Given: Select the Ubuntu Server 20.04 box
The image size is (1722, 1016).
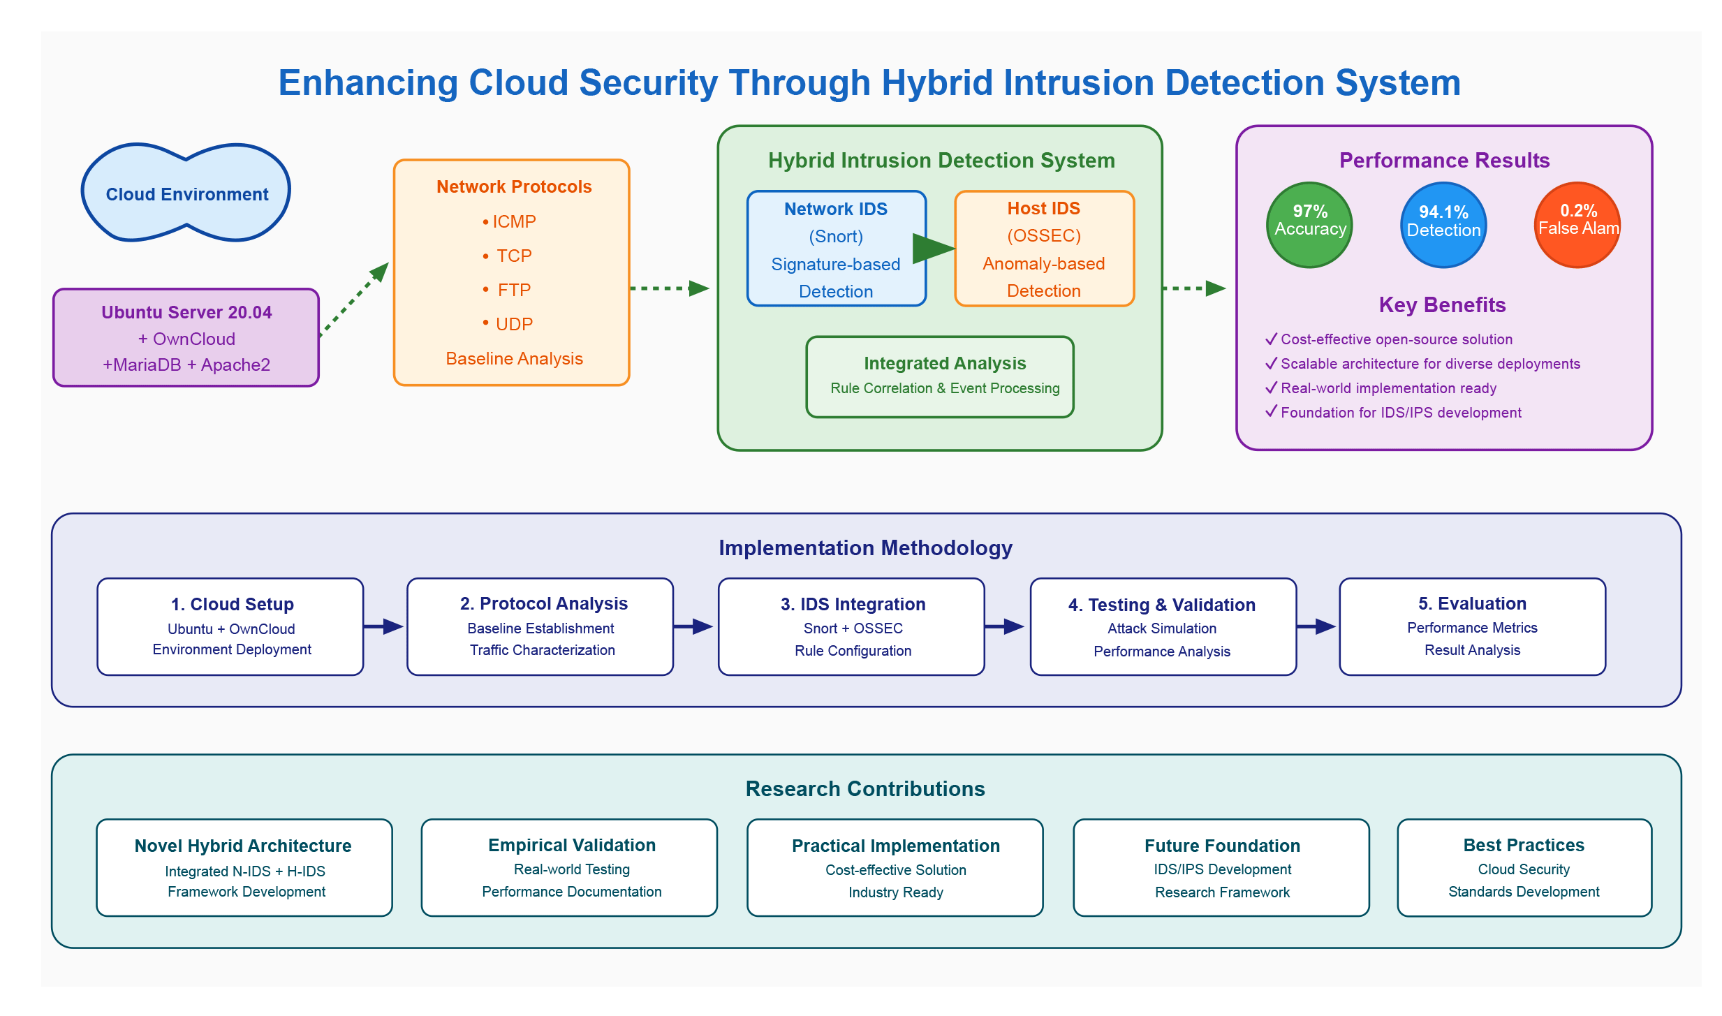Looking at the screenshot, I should (x=186, y=338).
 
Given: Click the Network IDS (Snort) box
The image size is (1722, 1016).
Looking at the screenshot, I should (x=836, y=249).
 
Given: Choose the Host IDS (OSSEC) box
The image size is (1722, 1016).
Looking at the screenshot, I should (x=1044, y=249).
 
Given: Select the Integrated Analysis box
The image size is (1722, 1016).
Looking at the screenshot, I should (x=940, y=376).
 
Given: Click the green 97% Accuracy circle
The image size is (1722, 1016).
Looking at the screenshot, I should (x=1309, y=225).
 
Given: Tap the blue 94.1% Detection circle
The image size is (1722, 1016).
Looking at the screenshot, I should (x=1443, y=225).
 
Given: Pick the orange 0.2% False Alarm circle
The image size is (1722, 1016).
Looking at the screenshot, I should (x=1577, y=225).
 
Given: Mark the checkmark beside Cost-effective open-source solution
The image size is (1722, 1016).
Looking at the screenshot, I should (x=1271, y=339).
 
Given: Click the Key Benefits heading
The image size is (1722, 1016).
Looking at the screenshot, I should (x=1442, y=305).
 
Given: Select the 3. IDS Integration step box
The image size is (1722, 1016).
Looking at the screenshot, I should (x=851, y=626).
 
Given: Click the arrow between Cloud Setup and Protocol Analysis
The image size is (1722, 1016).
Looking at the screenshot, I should (x=384, y=626).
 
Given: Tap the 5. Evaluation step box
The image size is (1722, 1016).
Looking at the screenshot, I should (x=1472, y=626).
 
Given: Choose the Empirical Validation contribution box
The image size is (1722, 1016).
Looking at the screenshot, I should (x=569, y=867).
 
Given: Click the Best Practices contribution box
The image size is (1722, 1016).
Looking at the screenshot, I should (x=1524, y=867).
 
